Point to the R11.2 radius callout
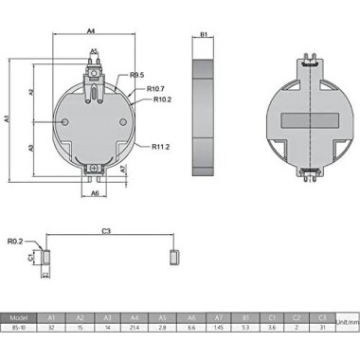(161, 147)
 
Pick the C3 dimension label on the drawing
(106, 230)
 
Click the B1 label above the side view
(204, 35)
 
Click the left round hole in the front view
(63, 124)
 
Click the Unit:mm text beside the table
(348, 323)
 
